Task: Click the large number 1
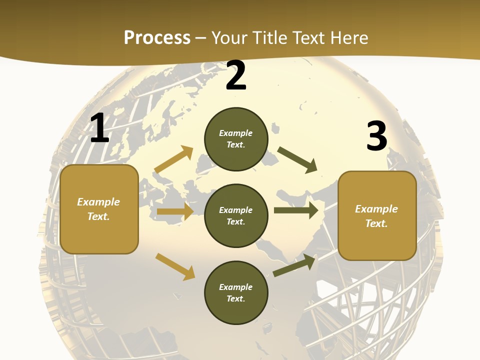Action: (x=99, y=128)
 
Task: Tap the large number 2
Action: (x=235, y=75)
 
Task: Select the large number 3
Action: (x=376, y=136)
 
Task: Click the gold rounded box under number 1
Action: (x=99, y=209)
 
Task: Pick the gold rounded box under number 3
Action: (x=377, y=216)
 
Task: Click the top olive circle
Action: (x=236, y=139)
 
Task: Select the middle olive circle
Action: (x=236, y=216)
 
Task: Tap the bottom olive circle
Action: (x=236, y=292)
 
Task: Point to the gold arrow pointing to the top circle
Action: (x=174, y=159)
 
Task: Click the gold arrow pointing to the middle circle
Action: (x=175, y=211)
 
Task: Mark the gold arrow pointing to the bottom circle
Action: (x=175, y=266)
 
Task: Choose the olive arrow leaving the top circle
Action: (x=297, y=160)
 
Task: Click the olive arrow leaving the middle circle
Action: (x=296, y=210)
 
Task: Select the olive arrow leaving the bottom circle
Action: (x=294, y=265)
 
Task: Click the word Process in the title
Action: (x=157, y=37)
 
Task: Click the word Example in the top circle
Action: (x=236, y=133)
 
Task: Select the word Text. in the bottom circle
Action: (x=236, y=298)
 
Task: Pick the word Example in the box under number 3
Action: (x=376, y=209)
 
